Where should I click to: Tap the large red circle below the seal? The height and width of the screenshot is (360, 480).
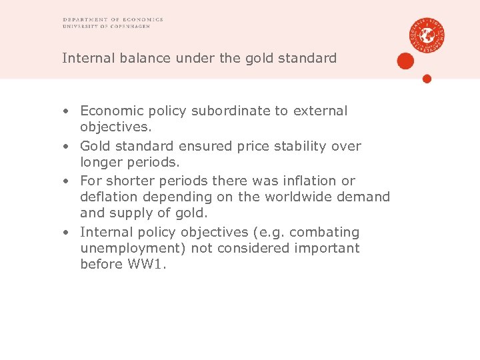[405, 61]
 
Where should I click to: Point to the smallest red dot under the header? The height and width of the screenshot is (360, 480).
[427, 79]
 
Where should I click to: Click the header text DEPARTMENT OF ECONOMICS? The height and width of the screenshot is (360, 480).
[113, 20]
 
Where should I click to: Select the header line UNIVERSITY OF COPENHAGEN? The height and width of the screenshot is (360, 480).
[112, 27]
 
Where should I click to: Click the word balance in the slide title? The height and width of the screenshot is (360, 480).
[147, 58]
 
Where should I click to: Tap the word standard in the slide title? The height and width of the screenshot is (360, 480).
[307, 58]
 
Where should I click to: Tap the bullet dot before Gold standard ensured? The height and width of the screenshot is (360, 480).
[67, 147]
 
